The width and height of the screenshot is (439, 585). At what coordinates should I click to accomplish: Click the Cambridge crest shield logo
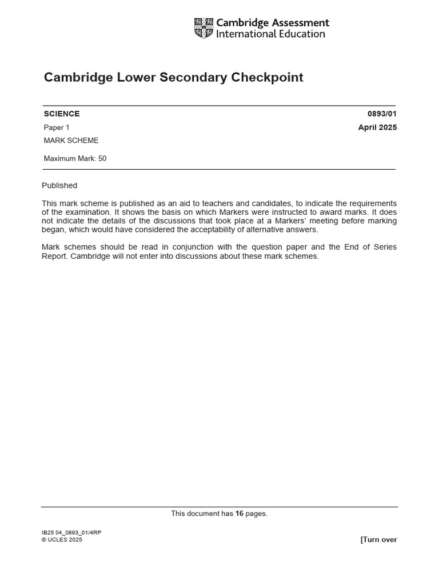pyautogui.click(x=203, y=28)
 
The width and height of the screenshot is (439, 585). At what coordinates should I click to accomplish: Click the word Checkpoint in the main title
pyautogui.click(x=267, y=77)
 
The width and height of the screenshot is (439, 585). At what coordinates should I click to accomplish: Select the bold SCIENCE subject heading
pyautogui.click(x=62, y=114)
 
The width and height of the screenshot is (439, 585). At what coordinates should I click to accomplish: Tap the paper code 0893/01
pyautogui.click(x=382, y=114)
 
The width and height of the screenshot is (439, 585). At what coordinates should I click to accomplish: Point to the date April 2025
pyautogui.click(x=377, y=127)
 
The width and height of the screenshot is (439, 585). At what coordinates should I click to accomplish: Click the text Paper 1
pyautogui.click(x=57, y=127)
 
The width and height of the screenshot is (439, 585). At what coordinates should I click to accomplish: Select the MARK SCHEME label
pyautogui.click(x=71, y=141)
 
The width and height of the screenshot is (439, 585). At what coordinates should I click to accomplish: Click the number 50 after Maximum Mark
pyautogui.click(x=102, y=159)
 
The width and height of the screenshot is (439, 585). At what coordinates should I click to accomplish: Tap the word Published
pyautogui.click(x=59, y=186)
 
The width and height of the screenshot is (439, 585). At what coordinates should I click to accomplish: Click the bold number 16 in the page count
pyautogui.click(x=240, y=514)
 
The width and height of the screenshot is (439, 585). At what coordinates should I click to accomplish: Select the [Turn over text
pyautogui.click(x=378, y=540)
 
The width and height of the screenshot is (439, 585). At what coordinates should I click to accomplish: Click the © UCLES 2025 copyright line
pyautogui.click(x=62, y=540)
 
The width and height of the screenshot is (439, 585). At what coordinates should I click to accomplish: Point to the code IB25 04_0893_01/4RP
pyautogui.click(x=71, y=532)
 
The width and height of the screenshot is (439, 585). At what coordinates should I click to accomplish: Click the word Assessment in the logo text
pyautogui.click(x=301, y=23)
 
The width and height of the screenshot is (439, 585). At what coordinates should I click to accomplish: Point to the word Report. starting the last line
pyautogui.click(x=54, y=257)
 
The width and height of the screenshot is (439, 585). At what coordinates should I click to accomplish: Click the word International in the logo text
pyautogui.click(x=245, y=34)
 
